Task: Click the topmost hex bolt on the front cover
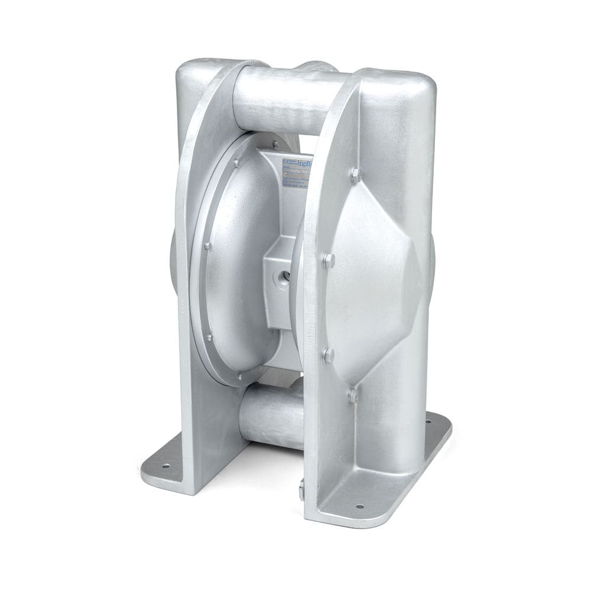coord(355,174)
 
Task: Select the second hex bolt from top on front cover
coord(329,259)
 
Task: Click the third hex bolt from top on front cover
coord(329,355)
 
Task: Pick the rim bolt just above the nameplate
coord(275,144)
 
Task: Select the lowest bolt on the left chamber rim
coord(239,375)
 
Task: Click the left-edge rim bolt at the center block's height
coord(207,246)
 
